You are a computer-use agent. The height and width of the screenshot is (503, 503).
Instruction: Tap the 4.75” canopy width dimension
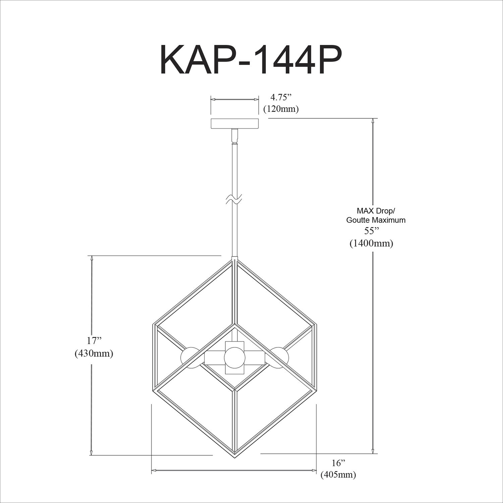click(x=281, y=98)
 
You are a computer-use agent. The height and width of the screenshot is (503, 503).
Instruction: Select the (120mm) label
click(x=281, y=109)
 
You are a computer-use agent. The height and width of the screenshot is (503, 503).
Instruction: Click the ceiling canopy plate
click(x=235, y=123)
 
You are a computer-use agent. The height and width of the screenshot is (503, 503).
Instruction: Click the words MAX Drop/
click(x=376, y=211)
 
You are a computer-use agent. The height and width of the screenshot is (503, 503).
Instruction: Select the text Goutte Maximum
click(x=376, y=220)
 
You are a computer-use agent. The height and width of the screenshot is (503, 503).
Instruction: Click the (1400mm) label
click(x=371, y=243)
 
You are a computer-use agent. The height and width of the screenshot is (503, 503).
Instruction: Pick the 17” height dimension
click(x=94, y=341)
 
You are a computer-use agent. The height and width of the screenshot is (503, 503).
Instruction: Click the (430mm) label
click(x=94, y=353)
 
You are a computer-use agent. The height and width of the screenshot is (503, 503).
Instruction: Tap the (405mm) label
click(x=338, y=475)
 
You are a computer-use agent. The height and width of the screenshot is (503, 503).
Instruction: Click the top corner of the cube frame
click(x=235, y=258)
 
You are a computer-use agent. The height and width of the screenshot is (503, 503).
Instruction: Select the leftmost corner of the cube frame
click(x=154, y=325)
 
